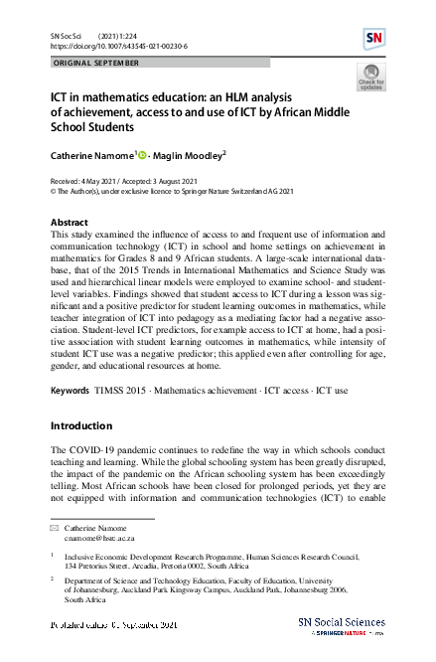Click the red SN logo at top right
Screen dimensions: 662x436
(x=375, y=39)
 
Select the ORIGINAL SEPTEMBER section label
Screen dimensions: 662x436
(x=97, y=62)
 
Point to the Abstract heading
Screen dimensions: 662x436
(x=69, y=222)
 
